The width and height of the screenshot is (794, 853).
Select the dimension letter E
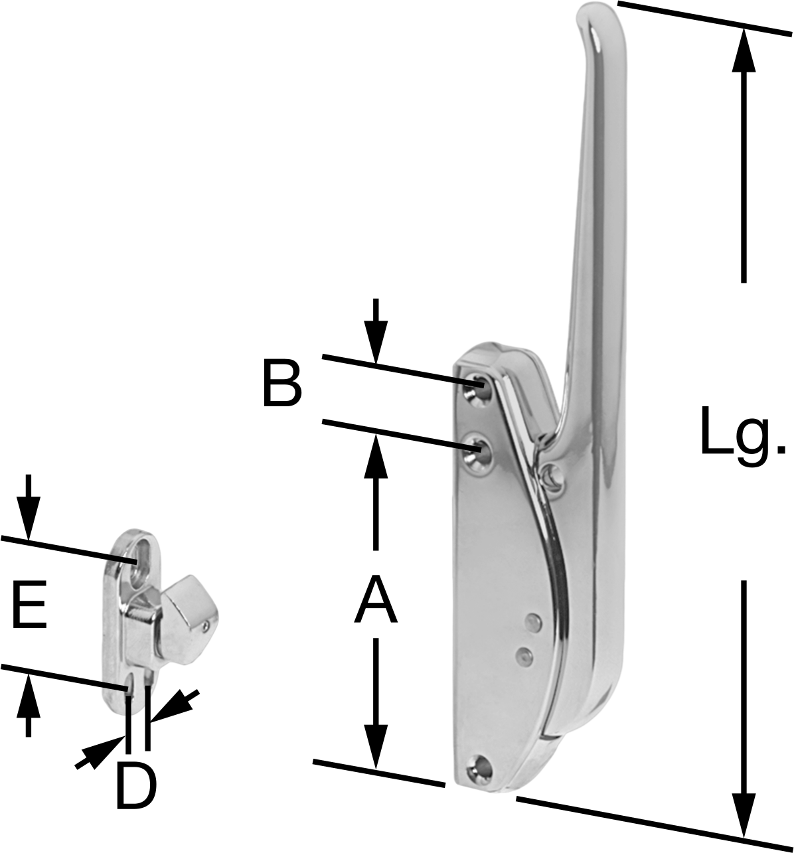29,605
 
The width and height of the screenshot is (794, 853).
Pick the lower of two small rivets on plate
522,655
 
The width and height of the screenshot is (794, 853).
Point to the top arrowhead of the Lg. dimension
744,50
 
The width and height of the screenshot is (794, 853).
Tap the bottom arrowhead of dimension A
376,747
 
